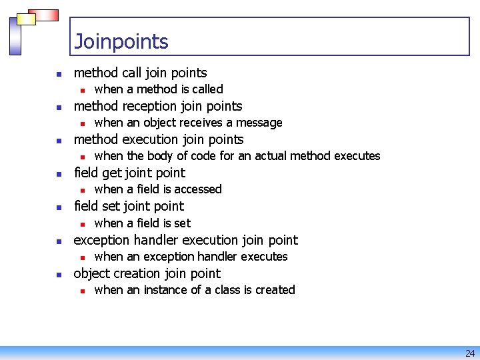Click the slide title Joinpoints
pos(121,42)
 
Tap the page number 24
pos(470,353)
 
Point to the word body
pos(159,156)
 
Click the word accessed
pos(197,189)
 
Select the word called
pos(207,89)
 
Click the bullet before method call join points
pos(59,74)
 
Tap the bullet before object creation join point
pos(59,275)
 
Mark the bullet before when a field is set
pos(81,224)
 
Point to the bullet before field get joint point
pos(59,174)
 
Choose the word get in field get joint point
pos(111,173)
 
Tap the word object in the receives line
pos(162,123)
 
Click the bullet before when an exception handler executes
pos(81,257)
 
